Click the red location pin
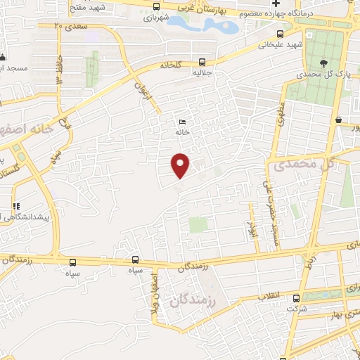click(x=181, y=165)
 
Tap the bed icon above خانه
click(x=183, y=122)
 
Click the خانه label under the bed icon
click(x=183, y=131)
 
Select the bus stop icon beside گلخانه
click(x=202, y=61)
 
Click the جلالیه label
click(x=222, y=70)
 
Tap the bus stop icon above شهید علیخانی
click(x=281, y=34)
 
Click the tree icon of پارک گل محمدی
click(x=323, y=63)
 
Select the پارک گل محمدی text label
click(x=314, y=73)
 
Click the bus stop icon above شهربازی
click(x=155, y=7)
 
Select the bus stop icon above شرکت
click(x=296, y=298)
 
